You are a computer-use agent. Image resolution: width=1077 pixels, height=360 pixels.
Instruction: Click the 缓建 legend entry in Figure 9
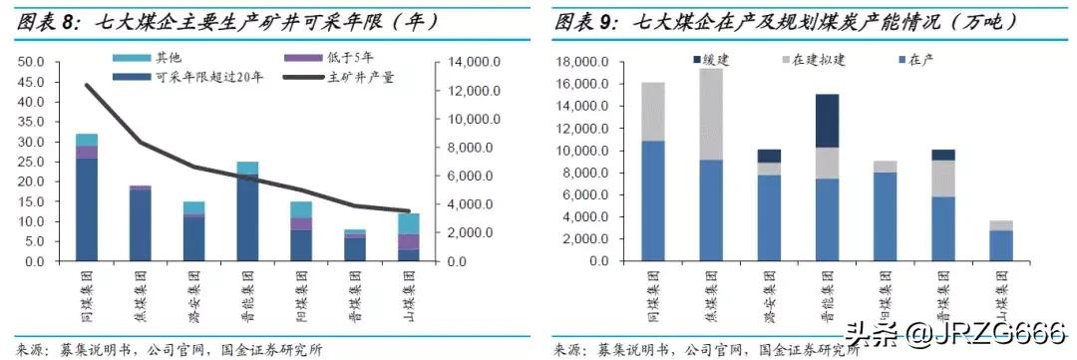(x=715, y=60)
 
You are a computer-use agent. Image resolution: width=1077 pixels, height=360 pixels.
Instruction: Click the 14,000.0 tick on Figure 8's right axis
(x=465, y=62)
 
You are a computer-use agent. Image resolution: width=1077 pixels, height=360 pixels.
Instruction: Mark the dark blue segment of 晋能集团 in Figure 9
(x=827, y=121)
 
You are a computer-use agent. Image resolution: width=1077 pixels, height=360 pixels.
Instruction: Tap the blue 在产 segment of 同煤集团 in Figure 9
(x=652, y=200)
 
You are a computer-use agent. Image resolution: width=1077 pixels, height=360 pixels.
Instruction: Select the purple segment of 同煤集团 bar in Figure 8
(x=87, y=152)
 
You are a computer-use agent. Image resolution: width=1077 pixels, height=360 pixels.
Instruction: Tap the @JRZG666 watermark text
(x=1003, y=331)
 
